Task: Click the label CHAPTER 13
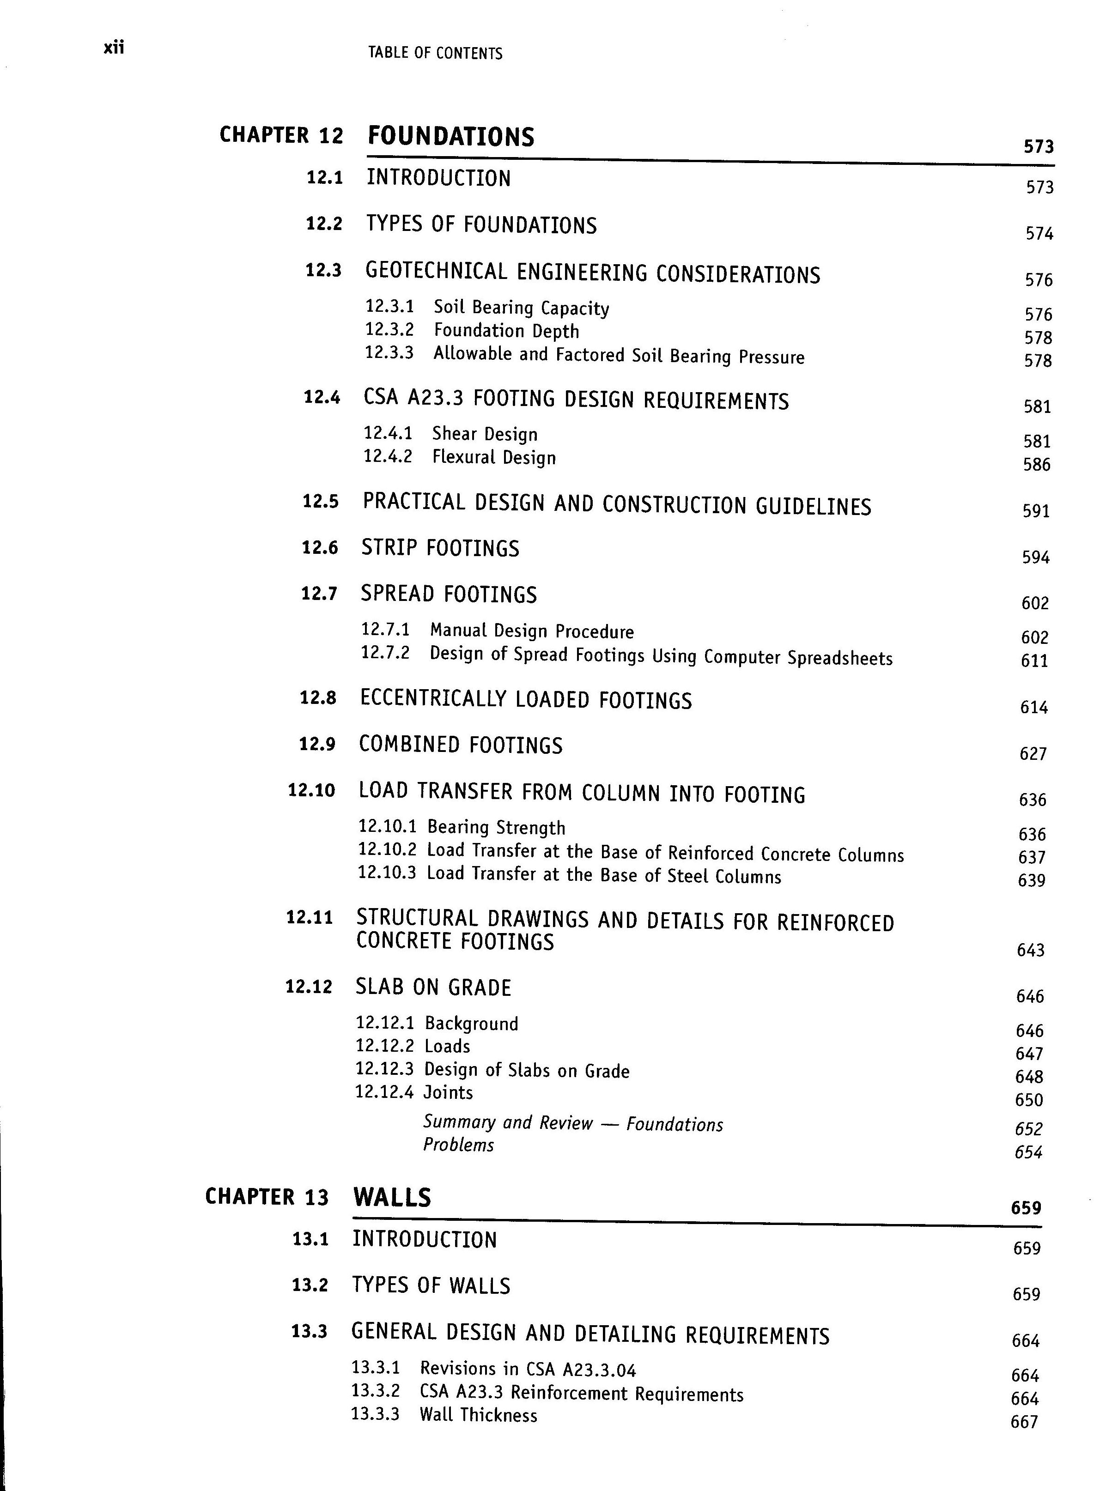tap(267, 1197)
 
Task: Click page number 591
tap(1035, 511)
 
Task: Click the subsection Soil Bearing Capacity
tap(521, 308)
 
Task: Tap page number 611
tap(1034, 661)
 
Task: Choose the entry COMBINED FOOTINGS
tap(460, 745)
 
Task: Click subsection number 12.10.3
tap(387, 872)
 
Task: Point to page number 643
tap(1030, 951)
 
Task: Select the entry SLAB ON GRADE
tap(433, 988)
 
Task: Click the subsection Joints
tap(448, 1092)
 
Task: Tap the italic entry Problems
tap(458, 1145)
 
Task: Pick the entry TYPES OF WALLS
tap(431, 1285)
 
